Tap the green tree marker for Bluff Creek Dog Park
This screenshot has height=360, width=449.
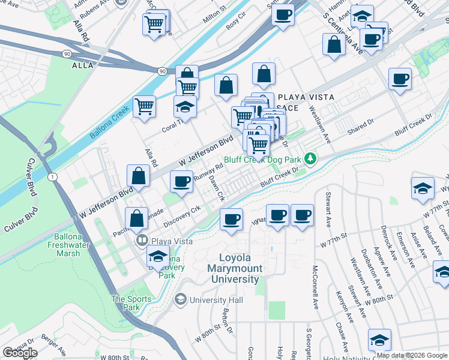click(x=310, y=159)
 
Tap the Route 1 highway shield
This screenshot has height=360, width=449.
click(x=53, y=176)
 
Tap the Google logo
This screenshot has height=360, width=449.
click(x=20, y=353)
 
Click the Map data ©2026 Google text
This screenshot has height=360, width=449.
click(x=412, y=355)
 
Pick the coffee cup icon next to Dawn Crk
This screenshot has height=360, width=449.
click(x=182, y=181)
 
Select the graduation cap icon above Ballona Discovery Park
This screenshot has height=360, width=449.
click(x=157, y=257)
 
